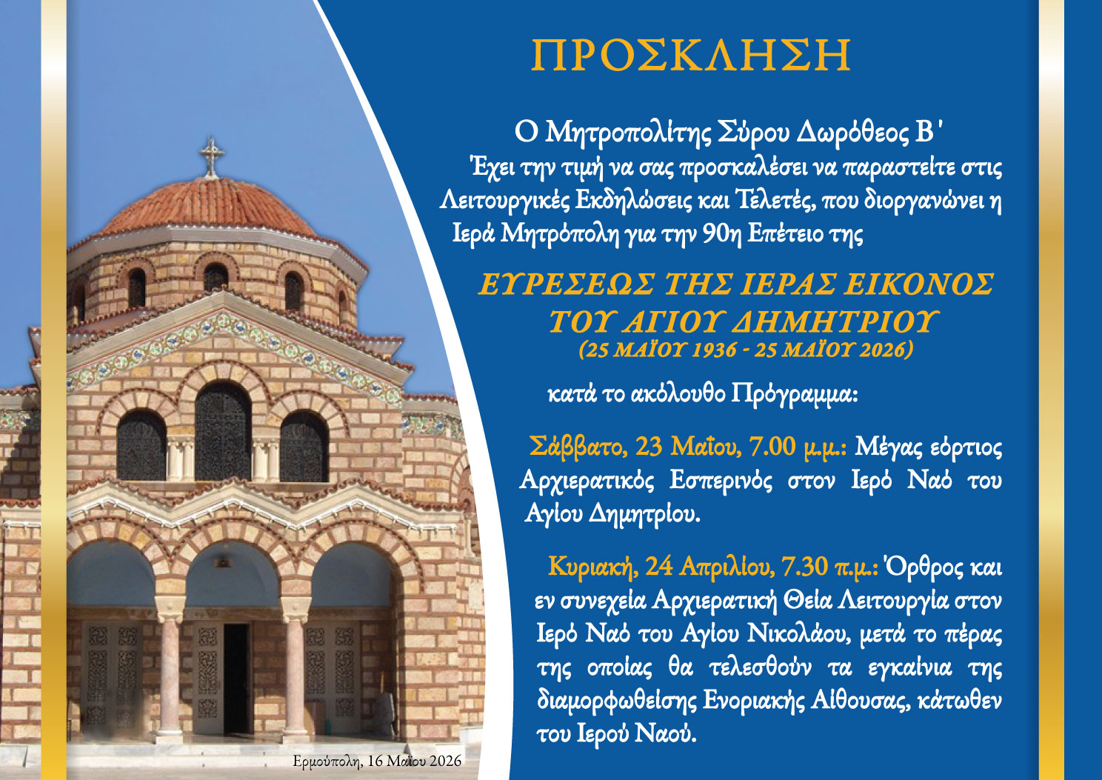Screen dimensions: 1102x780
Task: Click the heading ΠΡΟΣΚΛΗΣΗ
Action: (x=691, y=55)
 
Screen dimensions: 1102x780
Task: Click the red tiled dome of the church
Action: (x=208, y=207)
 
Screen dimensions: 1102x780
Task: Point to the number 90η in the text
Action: (x=722, y=235)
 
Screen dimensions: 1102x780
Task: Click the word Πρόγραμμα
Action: (x=795, y=396)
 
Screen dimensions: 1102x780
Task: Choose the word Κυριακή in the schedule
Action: (x=592, y=567)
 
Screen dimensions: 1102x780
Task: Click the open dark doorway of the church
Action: (x=236, y=679)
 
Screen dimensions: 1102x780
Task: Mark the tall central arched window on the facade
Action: (x=223, y=431)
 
